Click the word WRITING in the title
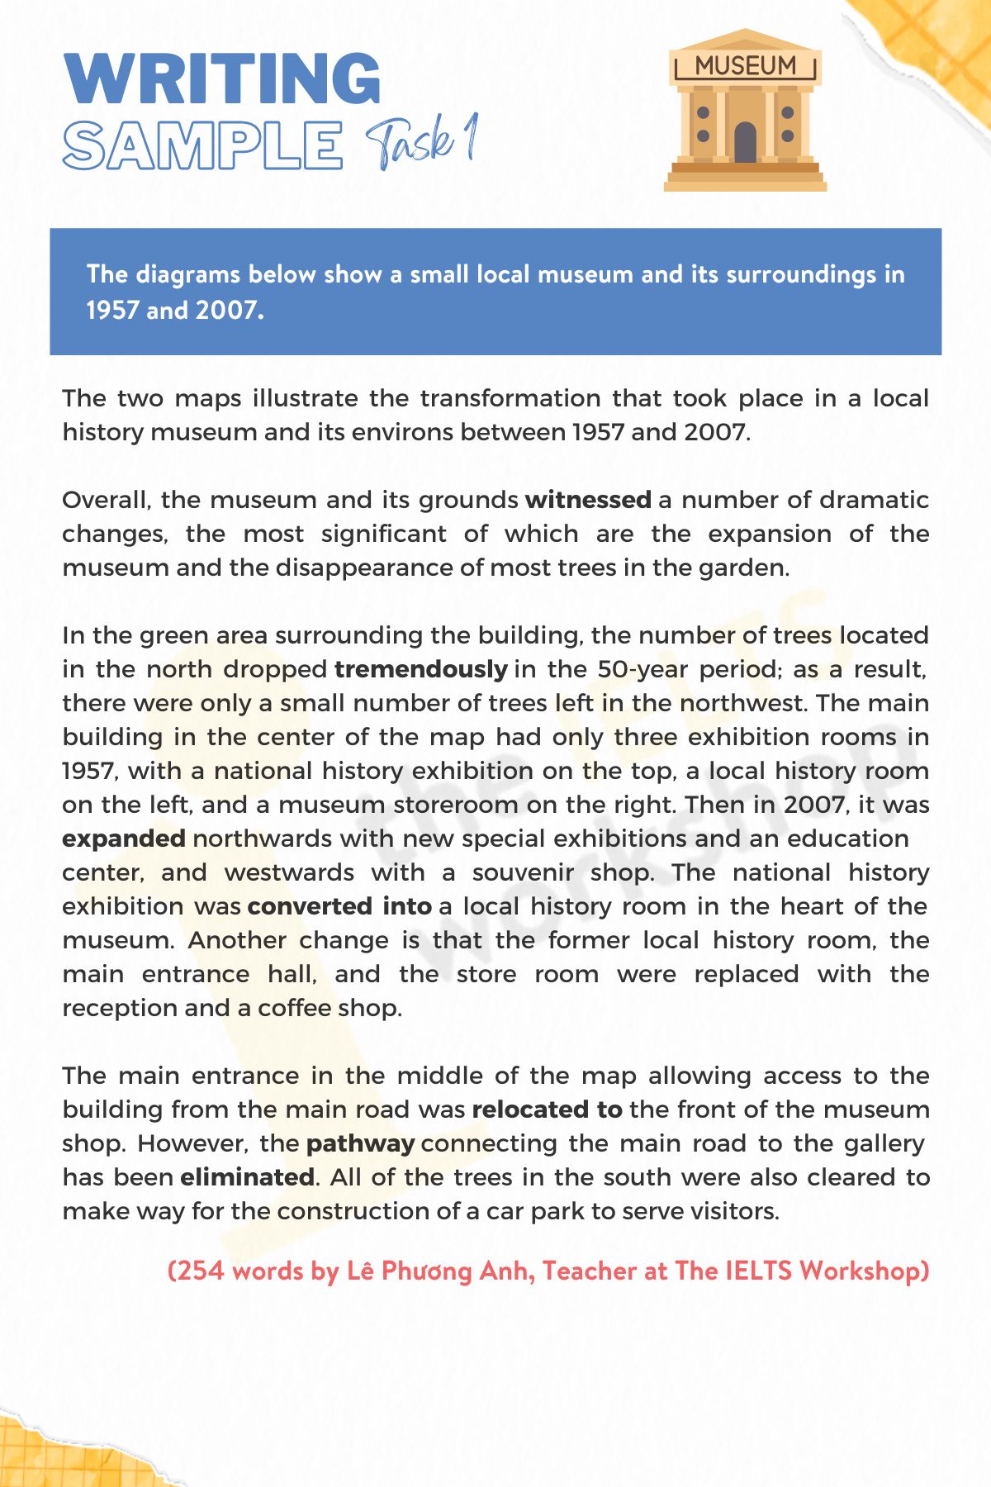(x=221, y=79)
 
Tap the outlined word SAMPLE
(x=202, y=145)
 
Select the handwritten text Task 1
(x=421, y=142)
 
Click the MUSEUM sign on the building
(x=745, y=66)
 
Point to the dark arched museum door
(x=745, y=142)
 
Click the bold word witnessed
(x=588, y=500)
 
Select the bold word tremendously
(x=420, y=669)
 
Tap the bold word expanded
(x=124, y=839)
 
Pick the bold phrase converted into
(x=339, y=906)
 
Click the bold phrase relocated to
(x=547, y=1109)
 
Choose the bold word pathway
(x=360, y=1143)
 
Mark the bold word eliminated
(x=247, y=1177)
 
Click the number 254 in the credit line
(x=200, y=1271)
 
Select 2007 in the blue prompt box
(x=227, y=310)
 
